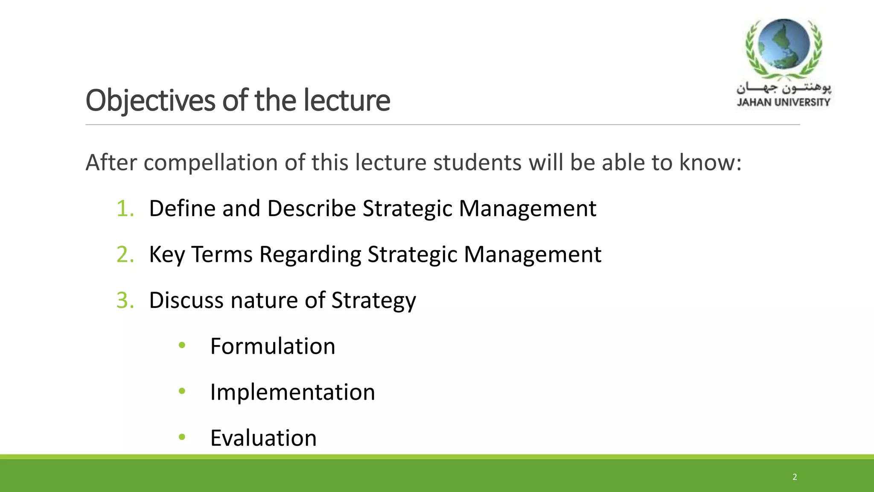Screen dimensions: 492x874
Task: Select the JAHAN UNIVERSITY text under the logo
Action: pos(784,102)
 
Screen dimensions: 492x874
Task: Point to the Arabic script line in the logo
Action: pos(784,88)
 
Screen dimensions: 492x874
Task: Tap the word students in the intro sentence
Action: pos(477,163)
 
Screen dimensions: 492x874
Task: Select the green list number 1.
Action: pos(125,209)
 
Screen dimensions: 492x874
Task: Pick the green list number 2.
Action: pos(125,255)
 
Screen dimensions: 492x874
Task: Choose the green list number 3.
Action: pos(125,300)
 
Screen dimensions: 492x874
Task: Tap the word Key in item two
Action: pos(166,255)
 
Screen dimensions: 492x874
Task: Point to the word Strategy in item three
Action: pos(373,301)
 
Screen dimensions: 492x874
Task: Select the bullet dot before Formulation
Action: pos(182,345)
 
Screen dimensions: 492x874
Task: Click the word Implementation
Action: pos(292,392)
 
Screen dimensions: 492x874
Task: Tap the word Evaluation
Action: pos(263,438)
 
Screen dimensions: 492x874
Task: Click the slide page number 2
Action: pos(795,477)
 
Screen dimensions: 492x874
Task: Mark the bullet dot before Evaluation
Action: pos(182,437)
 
